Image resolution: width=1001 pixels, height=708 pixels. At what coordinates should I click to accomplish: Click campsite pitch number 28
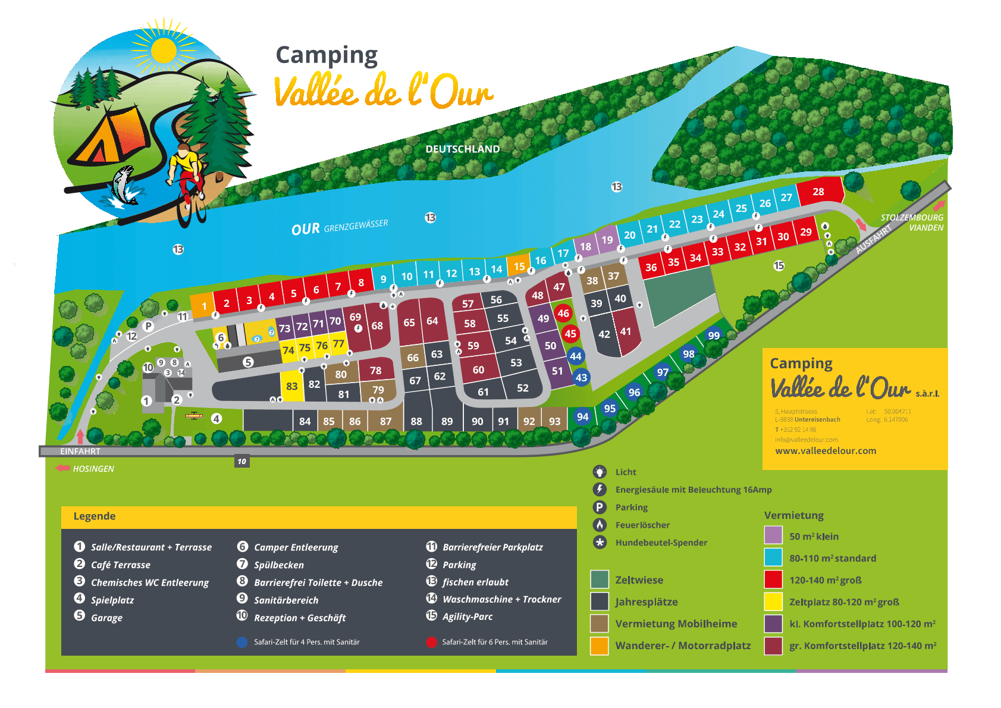click(818, 192)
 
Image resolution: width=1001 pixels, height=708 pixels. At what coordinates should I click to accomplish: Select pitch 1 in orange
click(203, 306)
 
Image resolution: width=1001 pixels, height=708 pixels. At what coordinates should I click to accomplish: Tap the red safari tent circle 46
click(563, 313)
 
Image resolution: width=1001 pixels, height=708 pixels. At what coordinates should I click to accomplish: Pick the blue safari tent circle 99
click(714, 335)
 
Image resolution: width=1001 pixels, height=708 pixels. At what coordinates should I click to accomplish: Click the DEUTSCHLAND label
click(462, 149)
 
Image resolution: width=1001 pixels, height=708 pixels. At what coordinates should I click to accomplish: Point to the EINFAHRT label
click(80, 452)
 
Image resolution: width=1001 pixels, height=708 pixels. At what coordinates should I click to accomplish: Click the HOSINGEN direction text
click(93, 469)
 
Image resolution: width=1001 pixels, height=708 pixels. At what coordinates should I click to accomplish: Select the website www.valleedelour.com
click(825, 450)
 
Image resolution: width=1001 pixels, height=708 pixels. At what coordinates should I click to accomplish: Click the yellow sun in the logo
click(163, 50)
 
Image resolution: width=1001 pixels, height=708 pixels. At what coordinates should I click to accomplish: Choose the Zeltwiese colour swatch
click(599, 579)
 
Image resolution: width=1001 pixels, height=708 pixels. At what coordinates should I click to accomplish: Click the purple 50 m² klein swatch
click(773, 535)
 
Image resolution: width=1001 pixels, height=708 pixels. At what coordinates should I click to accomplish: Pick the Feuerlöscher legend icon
click(600, 525)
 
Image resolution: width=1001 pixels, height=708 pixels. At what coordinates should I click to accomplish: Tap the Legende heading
click(95, 516)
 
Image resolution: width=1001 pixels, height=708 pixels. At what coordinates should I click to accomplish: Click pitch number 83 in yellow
click(291, 386)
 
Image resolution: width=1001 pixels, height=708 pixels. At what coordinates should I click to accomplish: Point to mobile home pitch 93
click(554, 421)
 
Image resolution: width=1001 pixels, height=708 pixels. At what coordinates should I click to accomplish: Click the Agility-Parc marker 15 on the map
click(779, 265)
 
